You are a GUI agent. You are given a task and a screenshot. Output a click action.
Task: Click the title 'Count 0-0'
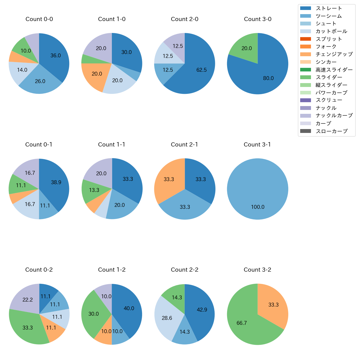pos(39,19)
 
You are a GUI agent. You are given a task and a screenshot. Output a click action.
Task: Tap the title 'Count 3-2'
pos(257,270)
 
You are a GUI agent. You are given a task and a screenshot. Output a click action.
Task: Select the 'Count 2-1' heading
pos(184,145)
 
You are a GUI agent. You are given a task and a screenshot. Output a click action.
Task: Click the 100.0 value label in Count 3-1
pos(258,207)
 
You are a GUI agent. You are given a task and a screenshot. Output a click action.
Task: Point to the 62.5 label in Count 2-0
pos(201,70)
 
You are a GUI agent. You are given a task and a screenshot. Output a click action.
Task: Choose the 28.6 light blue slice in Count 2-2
pos(167,318)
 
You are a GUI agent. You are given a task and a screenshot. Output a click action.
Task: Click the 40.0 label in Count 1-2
pos(129,308)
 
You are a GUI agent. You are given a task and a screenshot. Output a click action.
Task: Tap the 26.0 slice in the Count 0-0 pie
pos(40,81)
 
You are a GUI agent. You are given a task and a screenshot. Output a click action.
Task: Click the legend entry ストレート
pos(329,8)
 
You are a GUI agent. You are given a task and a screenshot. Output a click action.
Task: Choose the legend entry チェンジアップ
pos(334,54)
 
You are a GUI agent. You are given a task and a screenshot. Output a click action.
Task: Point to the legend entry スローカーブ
pos(331,131)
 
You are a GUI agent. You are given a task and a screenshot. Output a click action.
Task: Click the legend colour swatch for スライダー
pos(305,77)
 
